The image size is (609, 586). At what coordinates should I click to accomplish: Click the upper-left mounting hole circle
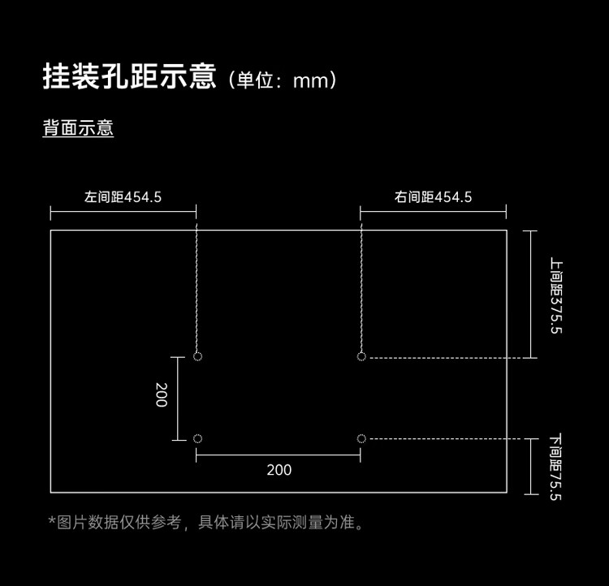pos(197,356)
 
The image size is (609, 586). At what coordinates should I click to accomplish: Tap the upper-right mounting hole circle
pos(361,356)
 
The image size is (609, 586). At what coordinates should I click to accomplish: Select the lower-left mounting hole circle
pos(197,439)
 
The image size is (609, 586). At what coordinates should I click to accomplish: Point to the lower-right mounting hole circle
pos(361,439)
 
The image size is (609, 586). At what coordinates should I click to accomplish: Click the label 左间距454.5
pos(123,197)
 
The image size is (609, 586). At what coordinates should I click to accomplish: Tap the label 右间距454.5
pos(433,197)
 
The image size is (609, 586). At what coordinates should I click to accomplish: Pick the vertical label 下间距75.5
pos(556,467)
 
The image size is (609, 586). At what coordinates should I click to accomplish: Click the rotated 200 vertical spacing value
pos(162,395)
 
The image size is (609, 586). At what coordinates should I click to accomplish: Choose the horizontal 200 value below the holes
pos(279,470)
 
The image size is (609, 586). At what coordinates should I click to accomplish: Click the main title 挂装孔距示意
pos(129,76)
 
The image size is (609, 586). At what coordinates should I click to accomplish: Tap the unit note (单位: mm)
pos(283,80)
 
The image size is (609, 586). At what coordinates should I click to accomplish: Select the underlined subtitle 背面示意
pos(78,127)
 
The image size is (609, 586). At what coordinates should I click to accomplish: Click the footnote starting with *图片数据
pos(206,523)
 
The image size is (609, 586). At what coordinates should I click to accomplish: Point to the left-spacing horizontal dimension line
pos(123,212)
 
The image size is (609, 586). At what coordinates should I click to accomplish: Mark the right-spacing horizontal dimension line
pos(433,212)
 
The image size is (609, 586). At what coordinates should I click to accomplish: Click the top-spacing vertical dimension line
pos(530,295)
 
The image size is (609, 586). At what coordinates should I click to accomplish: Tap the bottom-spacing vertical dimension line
pos(531,467)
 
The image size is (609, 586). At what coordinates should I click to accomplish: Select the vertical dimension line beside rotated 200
pos(178,399)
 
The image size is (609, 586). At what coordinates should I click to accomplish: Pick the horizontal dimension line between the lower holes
pos(279,455)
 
